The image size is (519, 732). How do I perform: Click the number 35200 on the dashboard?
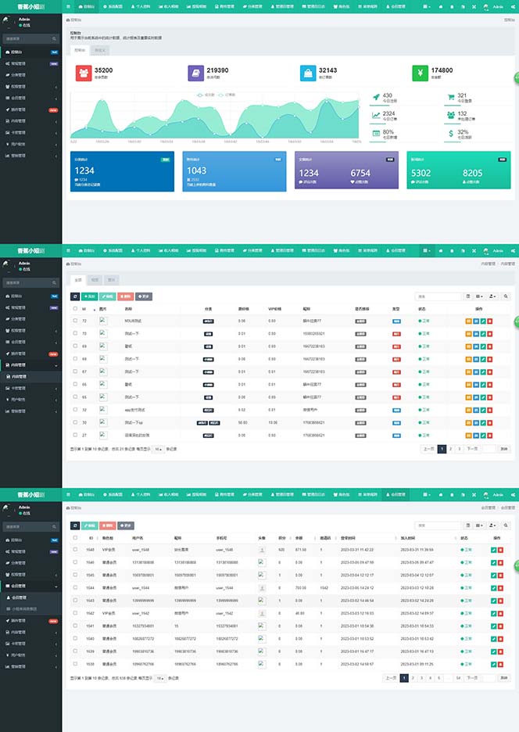pyautogui.click(x=103, y=70)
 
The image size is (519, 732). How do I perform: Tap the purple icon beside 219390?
pyautogui.click(x=195, y=74)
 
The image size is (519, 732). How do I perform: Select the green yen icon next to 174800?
pyautogui.click(x=421, y=74)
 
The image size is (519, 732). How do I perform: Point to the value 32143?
pyautogui.click(x=330, y=70)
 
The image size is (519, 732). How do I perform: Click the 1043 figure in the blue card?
pyautogui.click(x=196, y=170)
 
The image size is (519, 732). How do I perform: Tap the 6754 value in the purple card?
pyautogui.click(x=360, y=173)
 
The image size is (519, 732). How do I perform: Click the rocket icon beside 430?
pyautogui.click(x=376, y=97)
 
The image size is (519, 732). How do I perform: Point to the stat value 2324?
pyautogui.click(x=388, y=113)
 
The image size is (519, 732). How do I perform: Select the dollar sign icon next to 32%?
pyautogui.click(x=451, y=134)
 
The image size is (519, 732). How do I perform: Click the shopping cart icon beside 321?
pyautogui.click(x=451, y=97)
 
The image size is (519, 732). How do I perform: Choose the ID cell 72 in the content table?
pyautogui.click(x=84, y=321)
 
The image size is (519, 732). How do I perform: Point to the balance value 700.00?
pyautogui.click(x=300, y=587)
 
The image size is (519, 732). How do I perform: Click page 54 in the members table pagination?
pyautogui.click(x=458, y=678)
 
